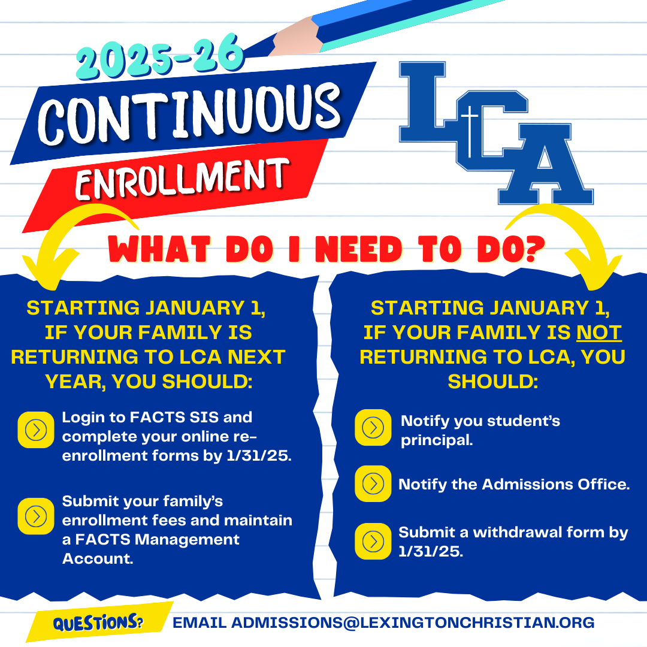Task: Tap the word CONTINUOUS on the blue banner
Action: click(x=190, y=113)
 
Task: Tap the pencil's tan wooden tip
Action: click(x=297, y=38)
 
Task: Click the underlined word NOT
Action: click(x=598, y=332)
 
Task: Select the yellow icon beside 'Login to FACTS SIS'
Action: click(x=36, y=430)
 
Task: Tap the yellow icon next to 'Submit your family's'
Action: click(x=36, y=516)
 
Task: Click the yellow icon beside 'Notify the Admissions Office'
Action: click(x=373, y=483)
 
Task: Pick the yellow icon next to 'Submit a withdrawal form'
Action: click(x=373, y=542)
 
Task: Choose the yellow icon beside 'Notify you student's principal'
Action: click(x=373, y=428)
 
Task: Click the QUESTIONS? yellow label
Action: click(x=99, y=622)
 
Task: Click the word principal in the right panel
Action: click(x=437, y=441)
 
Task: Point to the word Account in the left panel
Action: click(x=98, y=559)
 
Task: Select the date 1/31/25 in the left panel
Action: click(x=259, y=455)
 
